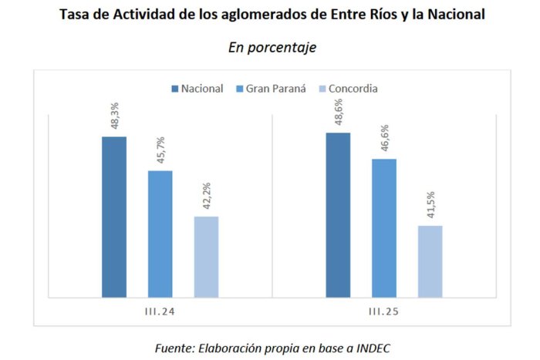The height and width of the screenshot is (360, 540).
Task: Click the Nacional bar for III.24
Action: coord(114,217)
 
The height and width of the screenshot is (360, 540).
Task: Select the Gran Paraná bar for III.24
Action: coord(160,234)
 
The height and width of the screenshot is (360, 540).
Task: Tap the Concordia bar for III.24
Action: coord(206,257)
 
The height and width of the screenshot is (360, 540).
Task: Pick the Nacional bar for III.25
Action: coord(338,215)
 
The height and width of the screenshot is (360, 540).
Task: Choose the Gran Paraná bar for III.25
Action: coord(384,228)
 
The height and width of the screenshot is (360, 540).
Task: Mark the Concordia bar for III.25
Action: coord(430,261)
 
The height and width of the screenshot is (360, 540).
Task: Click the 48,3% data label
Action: coord(115,116)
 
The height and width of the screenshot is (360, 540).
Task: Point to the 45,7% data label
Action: coord(160,150)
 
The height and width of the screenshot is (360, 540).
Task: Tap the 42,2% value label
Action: coord(207,196)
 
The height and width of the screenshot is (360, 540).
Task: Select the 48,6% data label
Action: coord(339,112)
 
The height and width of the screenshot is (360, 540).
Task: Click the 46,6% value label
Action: coord(385,138)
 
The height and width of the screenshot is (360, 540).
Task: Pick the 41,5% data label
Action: coord(430,205)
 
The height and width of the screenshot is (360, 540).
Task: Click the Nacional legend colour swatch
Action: coord(175,89)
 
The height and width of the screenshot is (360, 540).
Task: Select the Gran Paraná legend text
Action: coord(276,89)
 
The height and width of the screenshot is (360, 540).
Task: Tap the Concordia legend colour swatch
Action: coord(322,89)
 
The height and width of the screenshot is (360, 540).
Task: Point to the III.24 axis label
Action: coord(160,311)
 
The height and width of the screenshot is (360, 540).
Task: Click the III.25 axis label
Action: coord(383,311)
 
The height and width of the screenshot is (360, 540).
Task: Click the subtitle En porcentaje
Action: coord(272,48)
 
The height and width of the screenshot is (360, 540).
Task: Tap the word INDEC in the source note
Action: coord(373,348)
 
